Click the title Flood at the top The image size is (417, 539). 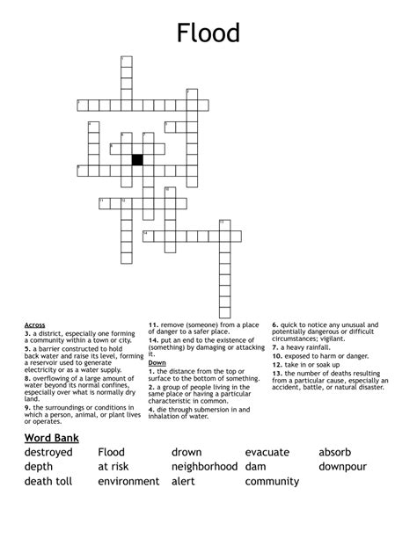click(208, 33)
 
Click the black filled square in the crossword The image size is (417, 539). click(137, 159)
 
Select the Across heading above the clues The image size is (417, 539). click(35, 324)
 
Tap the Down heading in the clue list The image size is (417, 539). click(157, 362)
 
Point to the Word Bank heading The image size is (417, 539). click(52, 438)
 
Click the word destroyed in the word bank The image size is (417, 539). click(49, 453)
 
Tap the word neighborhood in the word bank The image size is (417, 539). click(204, 467)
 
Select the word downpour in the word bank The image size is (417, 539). click(348, 467)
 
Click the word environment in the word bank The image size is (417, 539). click(128, 482)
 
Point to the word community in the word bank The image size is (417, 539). click(272, 482)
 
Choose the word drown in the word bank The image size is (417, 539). click(187, 453)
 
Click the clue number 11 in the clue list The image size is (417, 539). click(152, 324)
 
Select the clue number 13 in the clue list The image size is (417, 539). click(276, 372)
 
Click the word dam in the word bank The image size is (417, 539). click(256, 467)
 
